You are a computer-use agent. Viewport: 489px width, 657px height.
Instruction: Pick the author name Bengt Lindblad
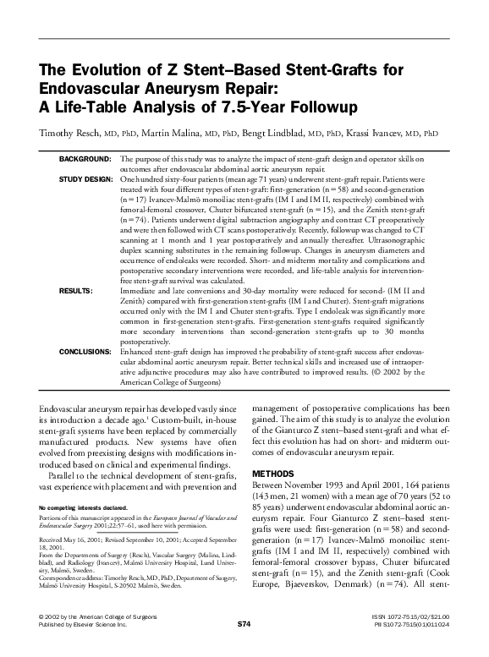(274, 133)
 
